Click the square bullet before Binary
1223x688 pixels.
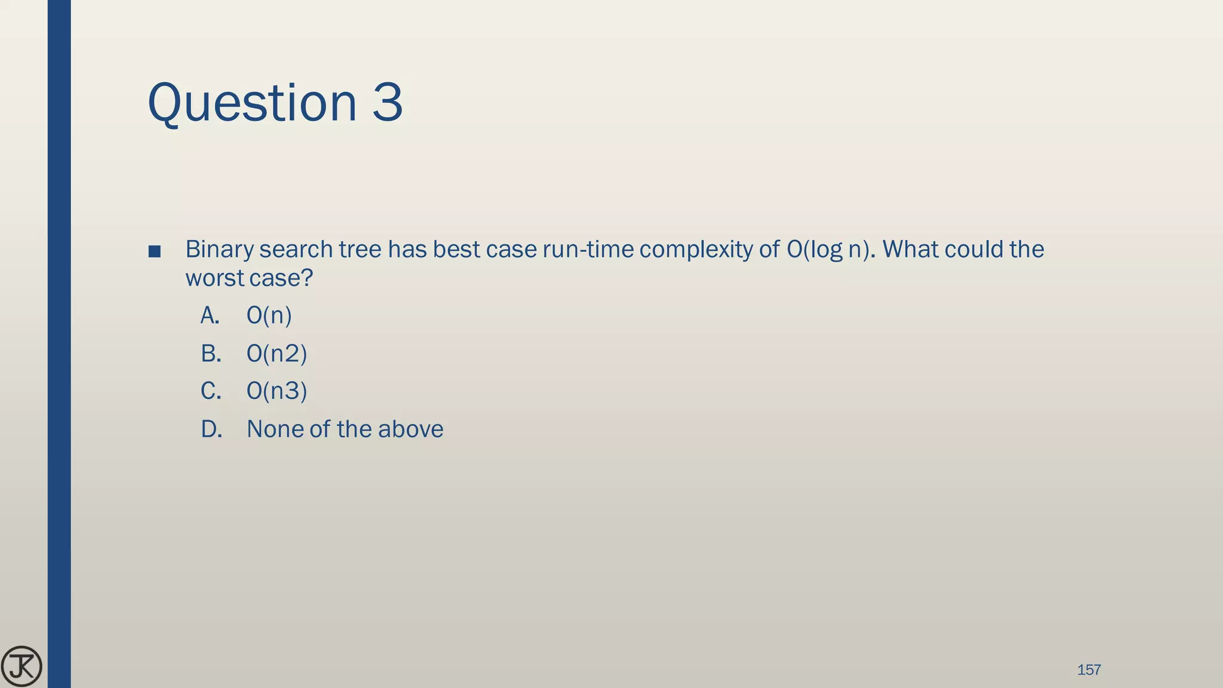click(x=154, y=251)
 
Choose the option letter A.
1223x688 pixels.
click(x=210, y=315)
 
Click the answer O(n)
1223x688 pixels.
click(x=269, y=315)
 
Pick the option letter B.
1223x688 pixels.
click(x=210, y=354)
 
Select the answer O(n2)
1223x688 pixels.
click(x=276, y=354)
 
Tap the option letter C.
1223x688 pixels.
click(x=210, y=391)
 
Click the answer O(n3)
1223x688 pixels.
click(x=276, y=391)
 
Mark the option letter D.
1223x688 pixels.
click(x=211, y=429)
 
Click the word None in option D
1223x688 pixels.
click(x=275, y=429)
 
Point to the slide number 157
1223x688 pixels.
click(x=1089, y=669)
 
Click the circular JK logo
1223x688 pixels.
click(x=21, y=666)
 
